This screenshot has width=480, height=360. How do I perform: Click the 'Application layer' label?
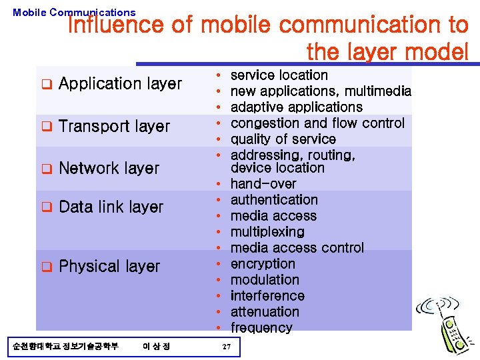pyautogui.click(x=120, y=84)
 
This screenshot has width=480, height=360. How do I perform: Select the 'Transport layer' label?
pyautogui.click(x=114, y=127)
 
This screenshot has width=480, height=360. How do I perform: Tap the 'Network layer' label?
pyautogui.click(x=109, y=168)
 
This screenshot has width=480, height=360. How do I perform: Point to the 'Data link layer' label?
pyautogui.click(x=111, y=207)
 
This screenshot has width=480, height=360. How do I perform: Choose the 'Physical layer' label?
pyautogui.click(x=109, y=267)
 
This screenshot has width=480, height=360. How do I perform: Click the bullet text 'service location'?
pyautogui.click(x=279, y=75)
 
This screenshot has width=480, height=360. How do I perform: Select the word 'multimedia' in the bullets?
pyautogui.click(x=379, y=91)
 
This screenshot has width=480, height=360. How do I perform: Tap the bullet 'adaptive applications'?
pyautogui.click(x=296, y=107)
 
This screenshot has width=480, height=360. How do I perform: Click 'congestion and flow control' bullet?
pyautogui.click(x=317, y=123)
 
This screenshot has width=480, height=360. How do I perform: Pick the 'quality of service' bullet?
pyautogui.click(x=283, y=139)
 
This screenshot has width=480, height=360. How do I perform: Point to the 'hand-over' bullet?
pyautogui.click(x=263, y=184)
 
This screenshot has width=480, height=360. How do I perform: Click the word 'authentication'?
pyautogui.click(x=274, y=200)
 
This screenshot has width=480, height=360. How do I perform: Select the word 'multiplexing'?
pyautogui.click(x=267, y=232)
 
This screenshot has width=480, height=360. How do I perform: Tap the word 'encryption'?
pyautogui.click(x=263, y=264)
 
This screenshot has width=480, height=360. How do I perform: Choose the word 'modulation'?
pyautogui.click(x=265, y=280)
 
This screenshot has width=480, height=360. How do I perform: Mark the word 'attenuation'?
pyautogui.click(x=265, y=312)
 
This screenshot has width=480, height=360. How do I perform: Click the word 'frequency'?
pyautogui.click(x=261, y=328)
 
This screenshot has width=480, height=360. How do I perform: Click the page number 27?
pyautogui.click(x=226, y=347)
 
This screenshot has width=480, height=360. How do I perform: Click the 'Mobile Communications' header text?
pyautogui.click(x=74, y=12)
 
